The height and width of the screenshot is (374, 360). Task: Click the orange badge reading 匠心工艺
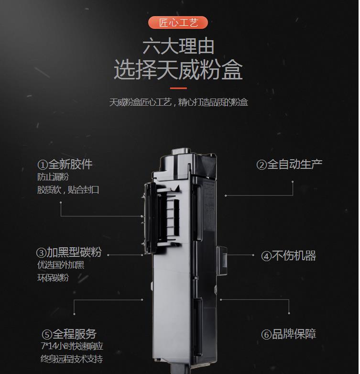[x=178, y=22]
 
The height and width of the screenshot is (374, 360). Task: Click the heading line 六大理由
[x=178, y=46]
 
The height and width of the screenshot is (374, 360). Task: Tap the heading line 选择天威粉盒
[x=178, y=70]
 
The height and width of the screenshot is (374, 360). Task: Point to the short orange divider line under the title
[x=178, y=88]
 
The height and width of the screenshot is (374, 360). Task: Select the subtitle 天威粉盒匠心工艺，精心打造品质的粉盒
[x=179, y=102]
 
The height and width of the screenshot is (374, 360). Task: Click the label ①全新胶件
[x=65, y=165]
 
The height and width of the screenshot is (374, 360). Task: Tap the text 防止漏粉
[x=53, y=177]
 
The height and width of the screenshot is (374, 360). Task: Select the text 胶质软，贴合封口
[x=68, y=190]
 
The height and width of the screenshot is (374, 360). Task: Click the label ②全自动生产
[x=289, y=165]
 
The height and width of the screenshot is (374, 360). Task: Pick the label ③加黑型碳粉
[x=69, y=253]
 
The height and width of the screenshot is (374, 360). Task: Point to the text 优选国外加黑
[x=61, y=265]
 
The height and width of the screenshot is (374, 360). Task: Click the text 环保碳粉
[x=53, y=278]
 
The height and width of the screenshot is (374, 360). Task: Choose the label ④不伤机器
[x=288, y=256]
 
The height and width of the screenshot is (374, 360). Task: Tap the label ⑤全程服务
[x=69, y=334]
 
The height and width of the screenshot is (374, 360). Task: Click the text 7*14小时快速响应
[x=72, y=346]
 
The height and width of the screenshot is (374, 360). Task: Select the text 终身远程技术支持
[x=72, y=359]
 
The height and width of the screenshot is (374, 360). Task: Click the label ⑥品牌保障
[x=288, y=334]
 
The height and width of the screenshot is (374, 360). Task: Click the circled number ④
[x=266, y=256]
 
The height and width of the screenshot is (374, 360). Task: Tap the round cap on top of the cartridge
[x=181, y=152]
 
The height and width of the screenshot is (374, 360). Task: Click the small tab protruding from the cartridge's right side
[x=222, y=261]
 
